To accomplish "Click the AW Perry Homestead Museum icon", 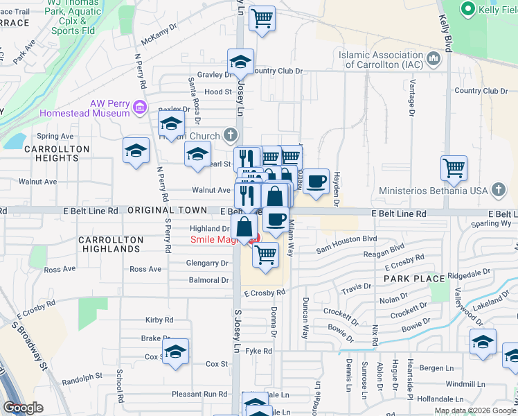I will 140,107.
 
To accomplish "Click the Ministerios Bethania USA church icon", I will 498,190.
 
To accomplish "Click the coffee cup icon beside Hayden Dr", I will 316,182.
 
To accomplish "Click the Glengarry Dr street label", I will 207,263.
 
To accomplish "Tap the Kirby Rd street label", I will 159,320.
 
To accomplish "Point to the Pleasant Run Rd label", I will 199,393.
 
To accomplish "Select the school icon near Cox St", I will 176,351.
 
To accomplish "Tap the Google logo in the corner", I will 23,408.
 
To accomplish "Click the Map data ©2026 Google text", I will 475,410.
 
